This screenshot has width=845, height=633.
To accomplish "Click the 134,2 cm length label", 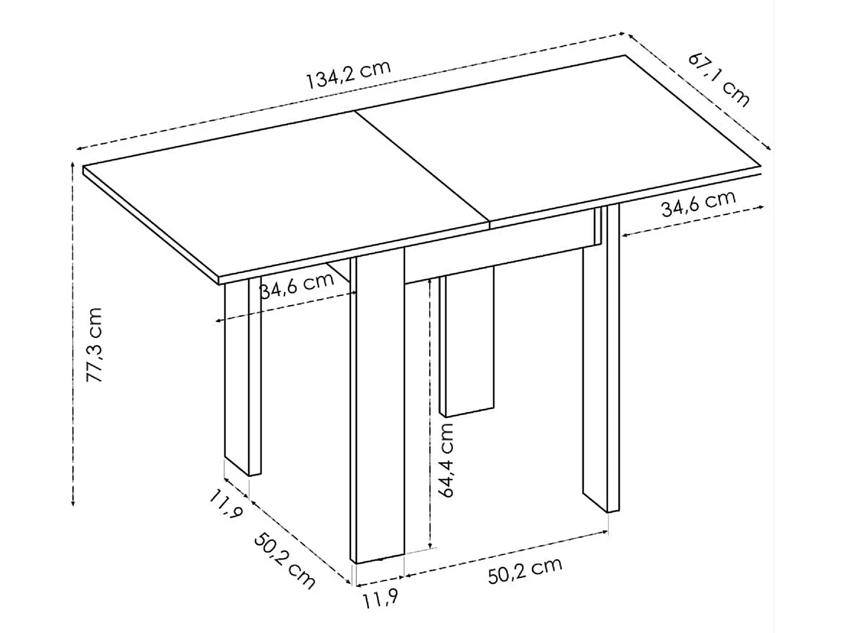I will [x=348, y=73].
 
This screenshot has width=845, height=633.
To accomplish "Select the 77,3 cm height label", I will [x=94, y=345].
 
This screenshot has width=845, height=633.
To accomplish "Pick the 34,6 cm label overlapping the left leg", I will [x=297, y=285].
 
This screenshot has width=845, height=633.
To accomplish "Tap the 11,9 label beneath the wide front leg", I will [x=380, y=599].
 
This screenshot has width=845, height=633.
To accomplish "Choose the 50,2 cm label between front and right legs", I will [x=525, y=570].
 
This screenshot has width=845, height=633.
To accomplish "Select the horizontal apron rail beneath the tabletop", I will [x=497, y=257].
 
